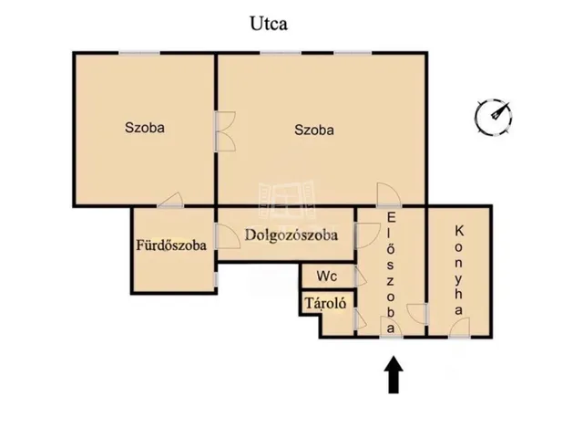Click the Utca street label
(269, 24)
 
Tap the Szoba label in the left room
(145, 128)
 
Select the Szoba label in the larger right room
(314, 130)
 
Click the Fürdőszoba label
(171, 245)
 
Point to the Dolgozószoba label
(291, 235)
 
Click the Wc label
(327, 276)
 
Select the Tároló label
(326, 303)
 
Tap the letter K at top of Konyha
(459, 231)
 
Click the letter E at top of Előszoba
(391, 217)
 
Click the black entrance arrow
(394, 375)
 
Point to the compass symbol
(494, 116)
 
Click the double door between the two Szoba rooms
(225, 131)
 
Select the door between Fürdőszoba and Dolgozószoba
(227, 236)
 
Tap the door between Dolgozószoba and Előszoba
(367, 235)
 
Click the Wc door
(360, 276)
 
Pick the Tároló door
(360, 318)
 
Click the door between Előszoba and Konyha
(417, 314)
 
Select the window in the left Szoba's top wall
(139, 53)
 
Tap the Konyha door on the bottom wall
(459, 328)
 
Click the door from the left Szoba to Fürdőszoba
(170, 200)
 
